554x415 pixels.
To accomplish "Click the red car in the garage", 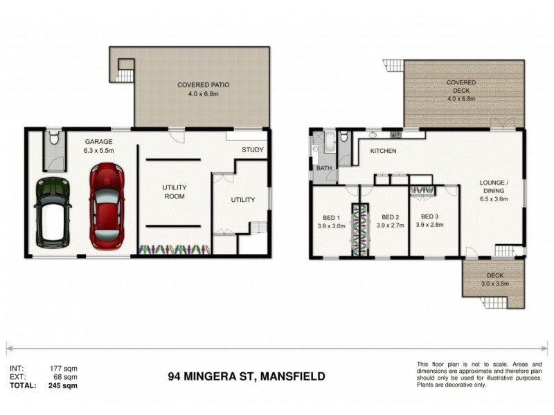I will point(107,205).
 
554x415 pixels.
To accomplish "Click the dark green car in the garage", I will point(53,212).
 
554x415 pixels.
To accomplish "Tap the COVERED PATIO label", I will point(203,90).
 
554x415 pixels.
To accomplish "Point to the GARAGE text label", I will point(98,140).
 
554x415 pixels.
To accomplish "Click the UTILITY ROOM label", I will point(175,192).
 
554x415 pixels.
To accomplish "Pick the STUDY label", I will point(253,150).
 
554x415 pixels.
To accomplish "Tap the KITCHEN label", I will point(383,151).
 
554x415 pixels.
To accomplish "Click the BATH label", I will point(324,168).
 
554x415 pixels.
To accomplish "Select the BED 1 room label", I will point(329,220).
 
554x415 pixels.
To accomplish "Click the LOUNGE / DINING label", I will point(494,191).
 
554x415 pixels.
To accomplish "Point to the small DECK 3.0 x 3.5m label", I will point(494,279).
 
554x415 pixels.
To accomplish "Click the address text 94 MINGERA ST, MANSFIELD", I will point(246,377).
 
